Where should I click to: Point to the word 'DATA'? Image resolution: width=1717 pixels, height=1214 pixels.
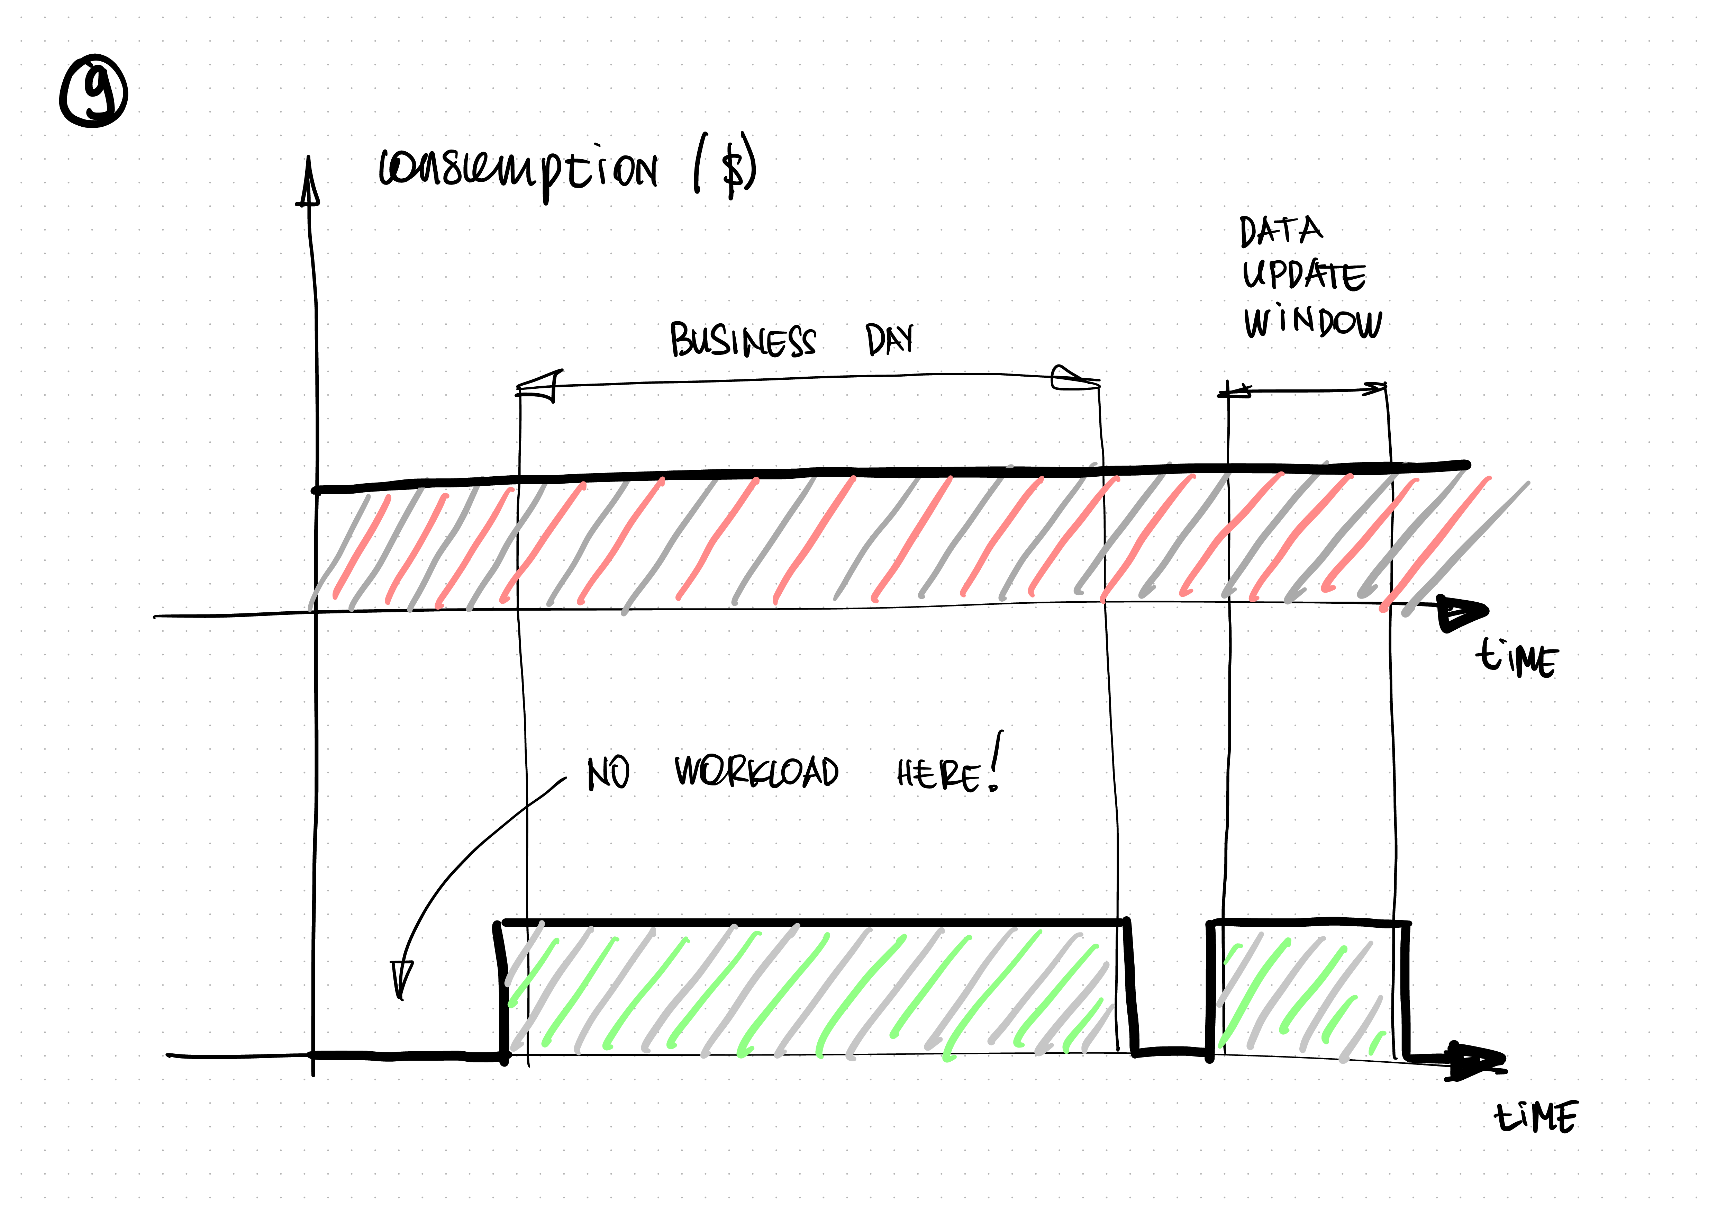coord(1280,231)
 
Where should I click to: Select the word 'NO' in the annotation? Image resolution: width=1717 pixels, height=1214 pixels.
coord(608,773)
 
